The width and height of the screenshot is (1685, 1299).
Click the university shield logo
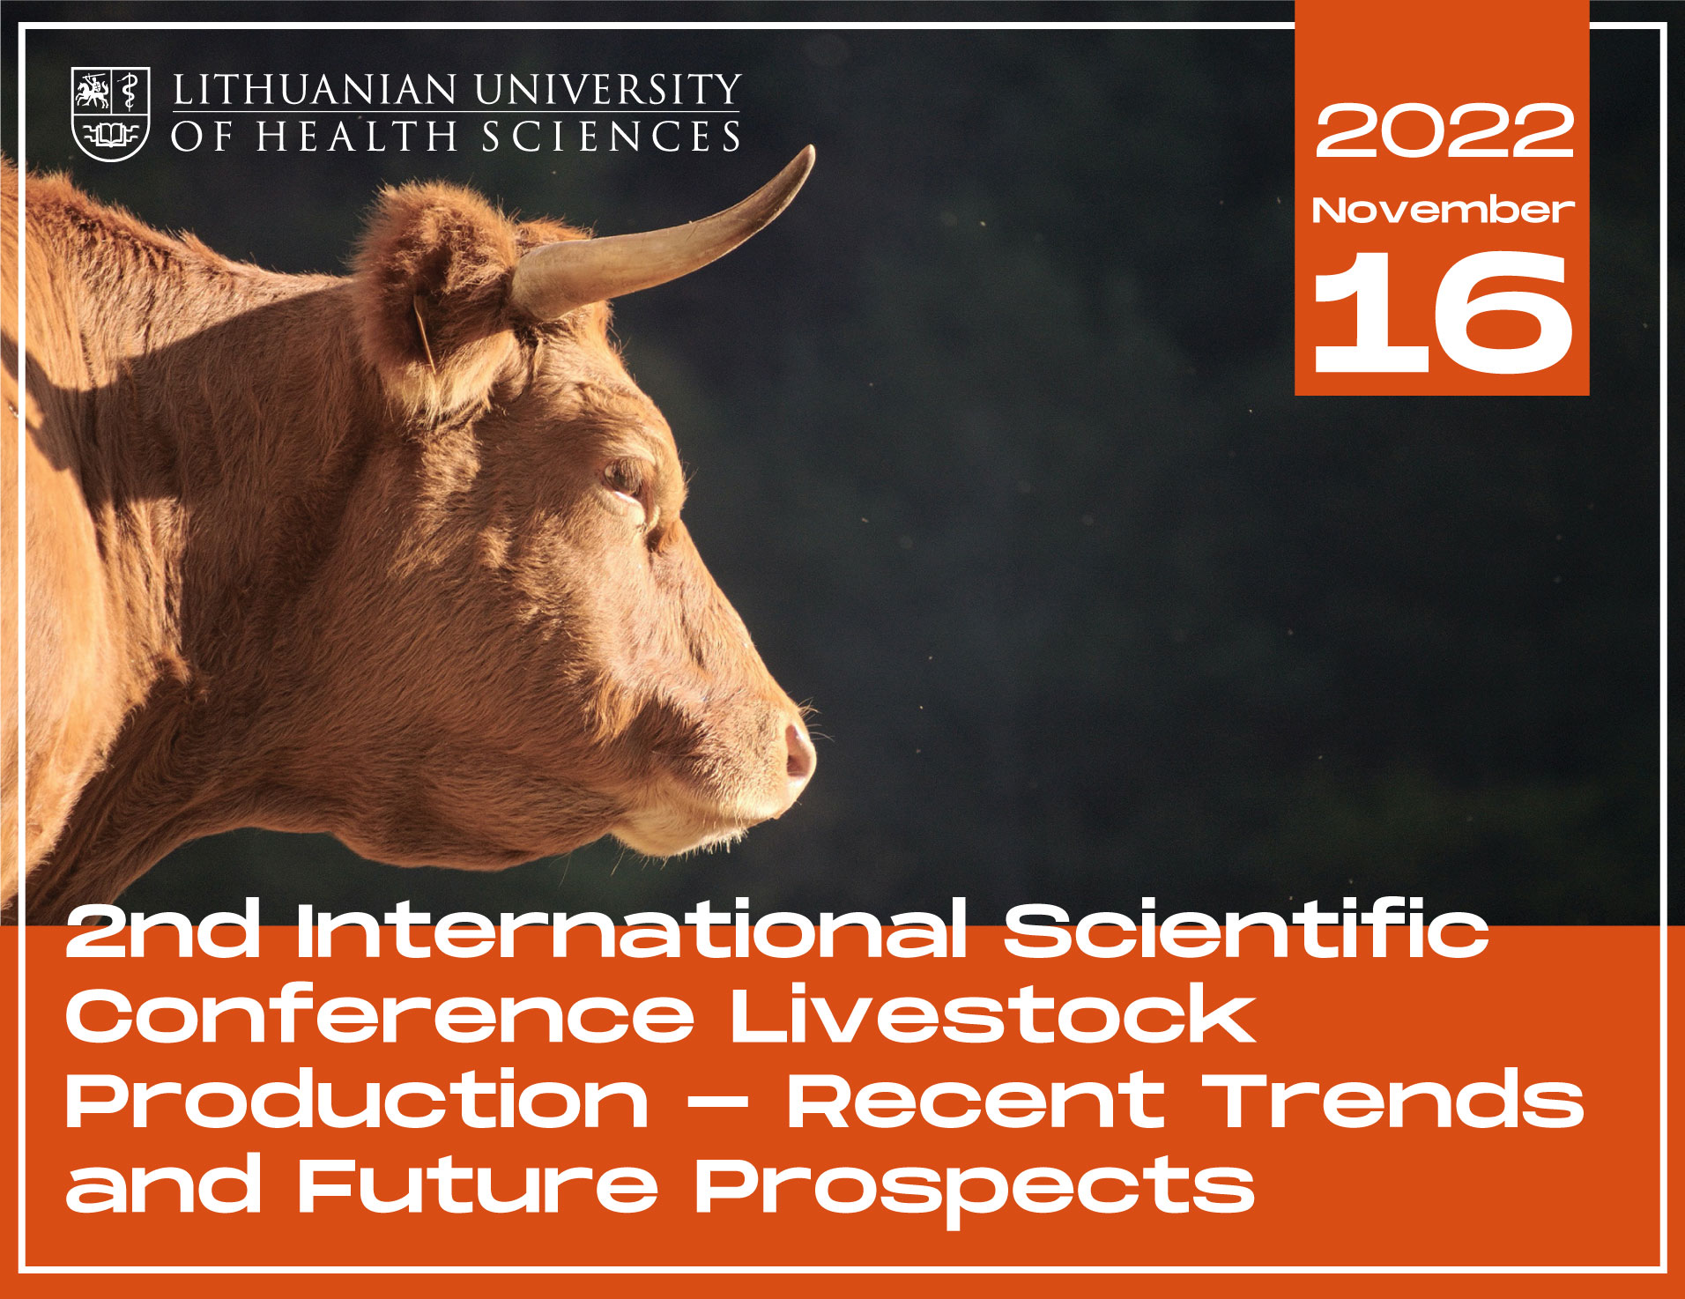[110, 115]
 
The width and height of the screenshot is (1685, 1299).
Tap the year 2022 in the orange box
[1444, 130]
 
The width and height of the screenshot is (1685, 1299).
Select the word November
[1443, 210]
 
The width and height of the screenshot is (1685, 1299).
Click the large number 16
[1443, 312]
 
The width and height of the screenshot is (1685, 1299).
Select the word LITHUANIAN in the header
[315, 90]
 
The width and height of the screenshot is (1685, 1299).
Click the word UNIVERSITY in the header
[607, 90]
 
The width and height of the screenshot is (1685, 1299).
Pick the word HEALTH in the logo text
[356, 137]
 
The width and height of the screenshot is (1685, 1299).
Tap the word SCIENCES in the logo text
[611, 137]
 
